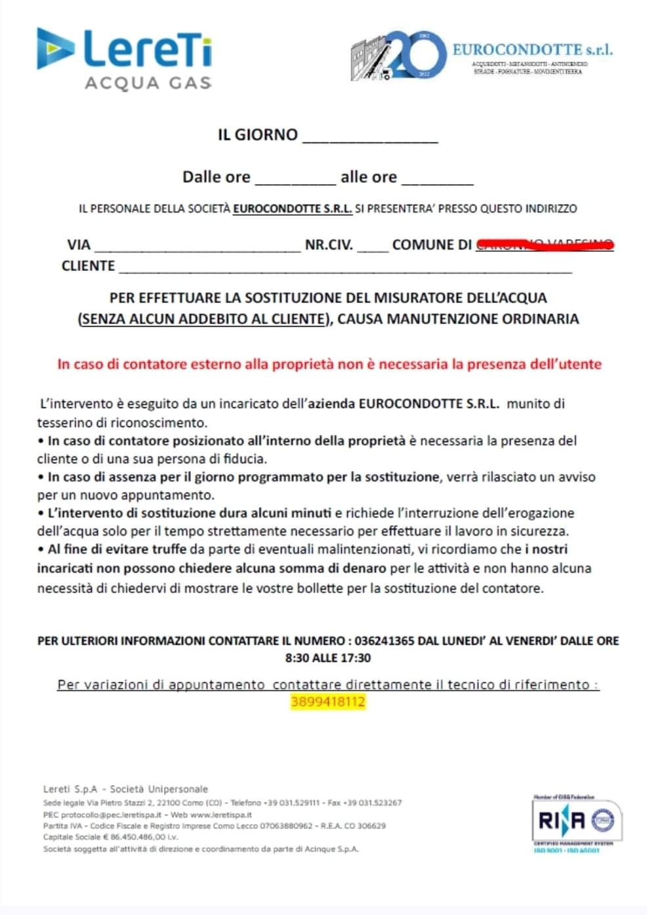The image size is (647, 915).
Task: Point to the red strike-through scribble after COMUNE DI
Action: click(x=545, y=245)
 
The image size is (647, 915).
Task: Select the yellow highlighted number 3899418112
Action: click(x=328, y=702)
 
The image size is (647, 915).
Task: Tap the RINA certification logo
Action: click(x=576, y=821)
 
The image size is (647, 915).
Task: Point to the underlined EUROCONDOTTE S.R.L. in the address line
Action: click(x=293, y=209)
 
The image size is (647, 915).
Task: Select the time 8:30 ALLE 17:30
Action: click(x=328, y=658)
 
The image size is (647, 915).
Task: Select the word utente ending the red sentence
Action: click(x=578, y=364)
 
